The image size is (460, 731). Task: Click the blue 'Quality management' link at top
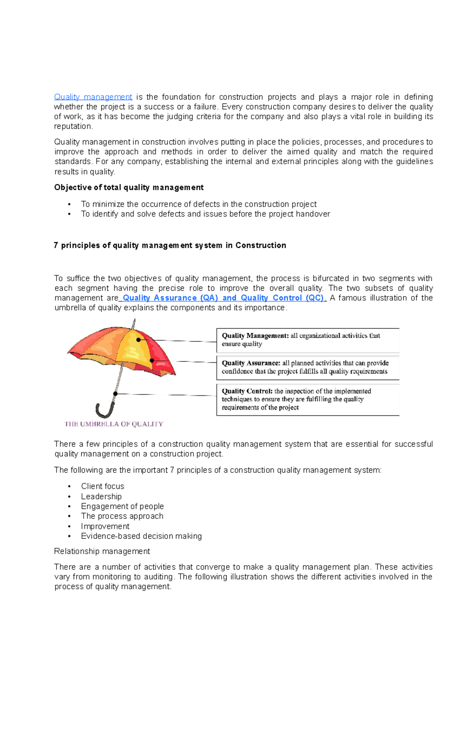point(93,97)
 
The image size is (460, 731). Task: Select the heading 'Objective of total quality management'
point(128,188)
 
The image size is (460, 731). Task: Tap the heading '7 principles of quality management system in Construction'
point(170,245)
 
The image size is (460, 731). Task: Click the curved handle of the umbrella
point(104,411)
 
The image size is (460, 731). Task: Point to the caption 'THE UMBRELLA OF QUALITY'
point(114,424)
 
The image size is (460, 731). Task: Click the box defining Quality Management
point(307,340)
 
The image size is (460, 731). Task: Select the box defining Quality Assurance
point(307,367)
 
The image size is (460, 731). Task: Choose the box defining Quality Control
point(307,399)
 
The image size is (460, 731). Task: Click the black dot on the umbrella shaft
point(115,394)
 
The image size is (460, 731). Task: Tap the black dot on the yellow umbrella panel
point(138,340)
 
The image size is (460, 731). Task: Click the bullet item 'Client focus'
point(102,486)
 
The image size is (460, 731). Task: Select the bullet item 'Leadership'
point(101,497)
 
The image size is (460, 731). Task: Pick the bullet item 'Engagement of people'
point(122,507)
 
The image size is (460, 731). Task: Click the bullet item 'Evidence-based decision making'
point(141,536)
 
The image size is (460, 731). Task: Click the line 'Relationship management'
point(102,552)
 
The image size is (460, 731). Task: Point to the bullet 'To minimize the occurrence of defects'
point(199,204)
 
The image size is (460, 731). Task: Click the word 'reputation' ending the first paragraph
point(73,127)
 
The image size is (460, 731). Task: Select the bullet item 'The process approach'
point(122,516)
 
